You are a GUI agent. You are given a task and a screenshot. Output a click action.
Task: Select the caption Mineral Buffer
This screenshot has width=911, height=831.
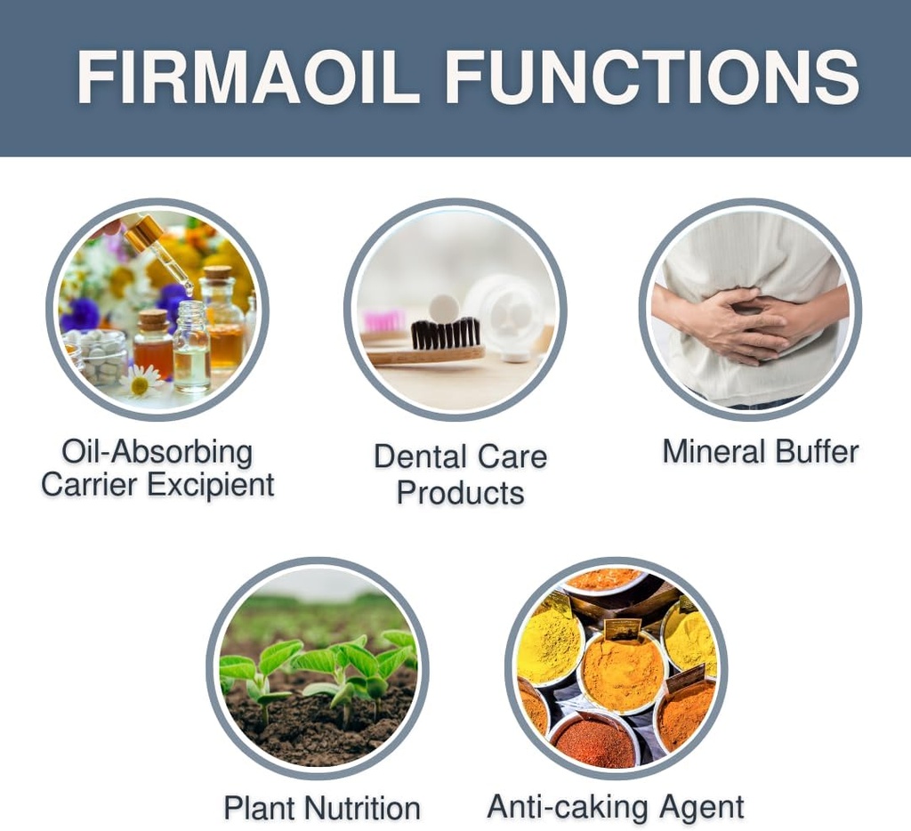pos(761,451)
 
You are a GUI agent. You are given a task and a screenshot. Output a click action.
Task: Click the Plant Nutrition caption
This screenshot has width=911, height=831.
pos(321,808)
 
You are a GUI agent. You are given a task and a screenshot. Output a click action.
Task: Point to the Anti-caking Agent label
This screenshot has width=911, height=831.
pos(616,807)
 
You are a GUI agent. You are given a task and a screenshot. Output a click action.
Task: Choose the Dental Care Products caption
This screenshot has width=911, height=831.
pos(460,473)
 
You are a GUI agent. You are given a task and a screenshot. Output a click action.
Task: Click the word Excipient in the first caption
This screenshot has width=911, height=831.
pos(211,485)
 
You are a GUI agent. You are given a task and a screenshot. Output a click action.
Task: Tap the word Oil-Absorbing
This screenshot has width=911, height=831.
pos(157,452)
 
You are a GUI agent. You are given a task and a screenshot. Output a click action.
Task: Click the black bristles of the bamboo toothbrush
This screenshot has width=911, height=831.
pos(446,333)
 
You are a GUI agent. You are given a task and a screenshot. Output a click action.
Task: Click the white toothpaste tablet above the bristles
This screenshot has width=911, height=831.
pos(443,308)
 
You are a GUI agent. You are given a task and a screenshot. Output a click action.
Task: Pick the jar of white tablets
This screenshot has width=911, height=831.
pos(101,356)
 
